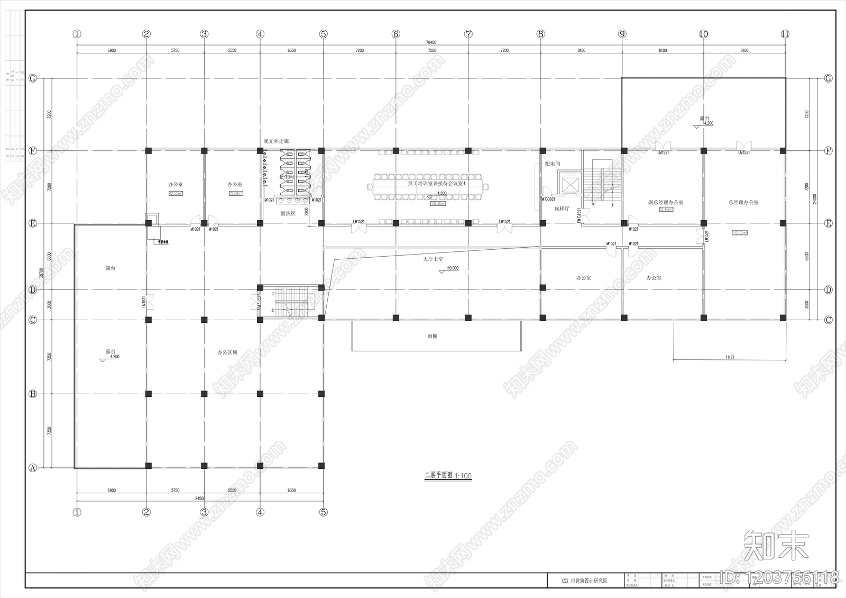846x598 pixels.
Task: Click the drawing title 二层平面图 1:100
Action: click(448, 476)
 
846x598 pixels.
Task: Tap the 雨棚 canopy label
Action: click(432, 336)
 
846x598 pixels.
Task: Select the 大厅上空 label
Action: click(433, 259)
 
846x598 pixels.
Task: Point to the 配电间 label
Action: click(552, 164)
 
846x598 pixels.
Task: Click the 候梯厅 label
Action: click(562, 209)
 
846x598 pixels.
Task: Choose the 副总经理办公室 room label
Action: click(665, 202)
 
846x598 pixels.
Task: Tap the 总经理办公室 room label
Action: click(743, 202)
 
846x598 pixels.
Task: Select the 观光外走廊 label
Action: click(276, 141)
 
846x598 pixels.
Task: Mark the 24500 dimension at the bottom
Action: click(200, 499)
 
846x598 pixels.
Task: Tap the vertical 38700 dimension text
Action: click(41, 273)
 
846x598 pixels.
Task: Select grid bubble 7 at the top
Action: click(468, 34)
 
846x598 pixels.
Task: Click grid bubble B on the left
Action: click(33, 394)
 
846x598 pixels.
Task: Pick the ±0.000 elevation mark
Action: click(452, 268)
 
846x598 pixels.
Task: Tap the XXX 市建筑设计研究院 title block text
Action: click(584, 581)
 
